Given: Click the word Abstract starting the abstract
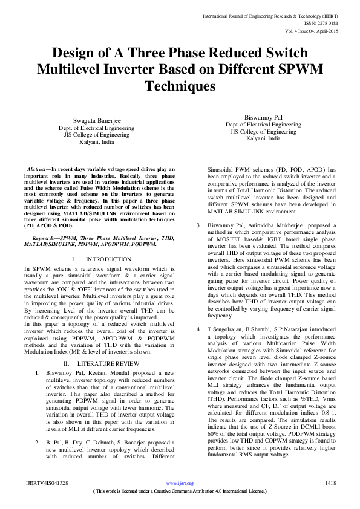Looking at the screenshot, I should coord(38,169).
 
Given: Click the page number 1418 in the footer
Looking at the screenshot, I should coord(330,483).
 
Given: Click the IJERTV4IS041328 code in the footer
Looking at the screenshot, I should coord(46,483).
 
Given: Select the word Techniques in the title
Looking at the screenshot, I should coord(180,86).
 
